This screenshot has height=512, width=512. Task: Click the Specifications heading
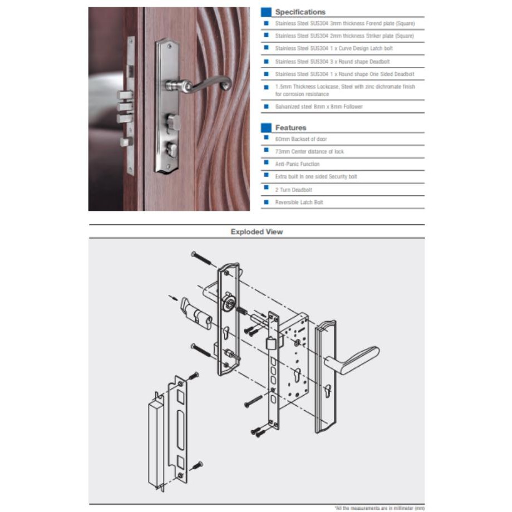point(300,12)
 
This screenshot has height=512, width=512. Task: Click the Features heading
point(291,127)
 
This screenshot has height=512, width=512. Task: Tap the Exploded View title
point(257,232)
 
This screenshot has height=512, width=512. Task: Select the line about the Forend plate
point(345,23)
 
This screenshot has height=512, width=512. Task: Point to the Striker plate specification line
point(344,36)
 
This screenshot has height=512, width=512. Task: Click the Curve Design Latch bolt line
point(334,48)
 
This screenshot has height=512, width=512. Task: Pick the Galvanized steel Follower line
point(319,106)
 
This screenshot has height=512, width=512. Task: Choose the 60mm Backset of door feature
point(301,139)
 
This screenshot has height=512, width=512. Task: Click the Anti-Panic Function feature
point(297,164)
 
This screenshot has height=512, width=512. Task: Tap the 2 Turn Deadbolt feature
point(293,190)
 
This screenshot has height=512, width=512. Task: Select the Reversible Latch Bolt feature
point(299,203)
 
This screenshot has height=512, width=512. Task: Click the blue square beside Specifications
point(266,12)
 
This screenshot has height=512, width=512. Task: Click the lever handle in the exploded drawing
point(353,360)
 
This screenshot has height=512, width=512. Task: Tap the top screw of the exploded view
point(201,258)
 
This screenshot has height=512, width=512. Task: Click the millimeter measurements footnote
point(380,508)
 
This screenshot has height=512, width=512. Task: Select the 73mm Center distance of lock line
point(309,151)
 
